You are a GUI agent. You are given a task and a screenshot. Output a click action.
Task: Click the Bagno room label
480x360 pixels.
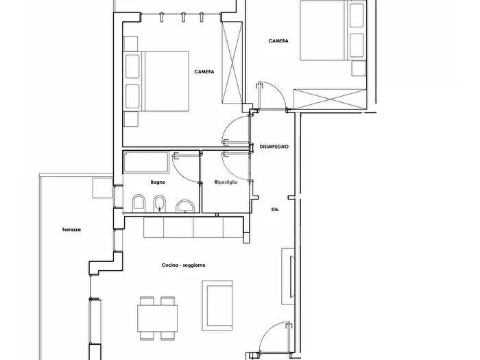tap(158, 182)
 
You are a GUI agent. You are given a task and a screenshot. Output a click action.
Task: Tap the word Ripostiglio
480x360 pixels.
tap(226, 182)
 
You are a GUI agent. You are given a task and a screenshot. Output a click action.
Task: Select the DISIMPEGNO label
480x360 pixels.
tap(274, 147)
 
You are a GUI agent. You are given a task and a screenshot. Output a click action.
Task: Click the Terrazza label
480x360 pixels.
tap(71, 230)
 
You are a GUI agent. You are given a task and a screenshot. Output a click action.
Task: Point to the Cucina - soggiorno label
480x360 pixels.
tap(183, 265)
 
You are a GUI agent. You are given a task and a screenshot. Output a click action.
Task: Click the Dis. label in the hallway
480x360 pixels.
tap(275, 210)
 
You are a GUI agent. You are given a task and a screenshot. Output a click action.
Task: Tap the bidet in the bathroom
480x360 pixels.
tap(159, 204)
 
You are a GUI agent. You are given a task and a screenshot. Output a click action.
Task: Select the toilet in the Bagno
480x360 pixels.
tap(139, 203)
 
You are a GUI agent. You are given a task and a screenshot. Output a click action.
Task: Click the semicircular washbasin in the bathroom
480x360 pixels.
tap(185, 206)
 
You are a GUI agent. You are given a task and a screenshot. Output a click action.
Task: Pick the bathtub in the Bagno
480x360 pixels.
tap(145, 162)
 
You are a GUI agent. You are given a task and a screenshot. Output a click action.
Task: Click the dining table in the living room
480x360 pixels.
tap(157, 319)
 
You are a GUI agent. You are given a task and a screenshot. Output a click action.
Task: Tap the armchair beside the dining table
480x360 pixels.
tap(217, 306)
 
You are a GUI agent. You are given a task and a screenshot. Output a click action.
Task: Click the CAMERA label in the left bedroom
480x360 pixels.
tap(204, 72)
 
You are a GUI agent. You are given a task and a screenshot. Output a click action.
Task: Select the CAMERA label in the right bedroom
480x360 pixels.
tap(278, 41)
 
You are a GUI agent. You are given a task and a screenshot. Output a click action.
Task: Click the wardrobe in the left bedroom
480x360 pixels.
tap(232, 63)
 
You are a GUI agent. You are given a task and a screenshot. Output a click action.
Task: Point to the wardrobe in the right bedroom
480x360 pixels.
tap(330, 99)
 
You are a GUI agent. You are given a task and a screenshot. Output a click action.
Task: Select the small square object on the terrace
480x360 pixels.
tap(103, 188)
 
